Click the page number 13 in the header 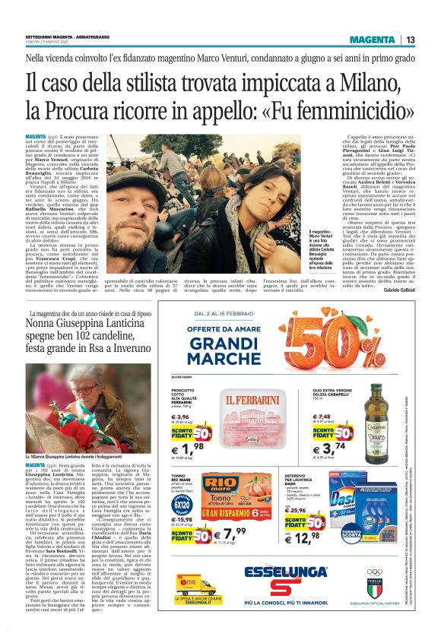click(411, 40)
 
